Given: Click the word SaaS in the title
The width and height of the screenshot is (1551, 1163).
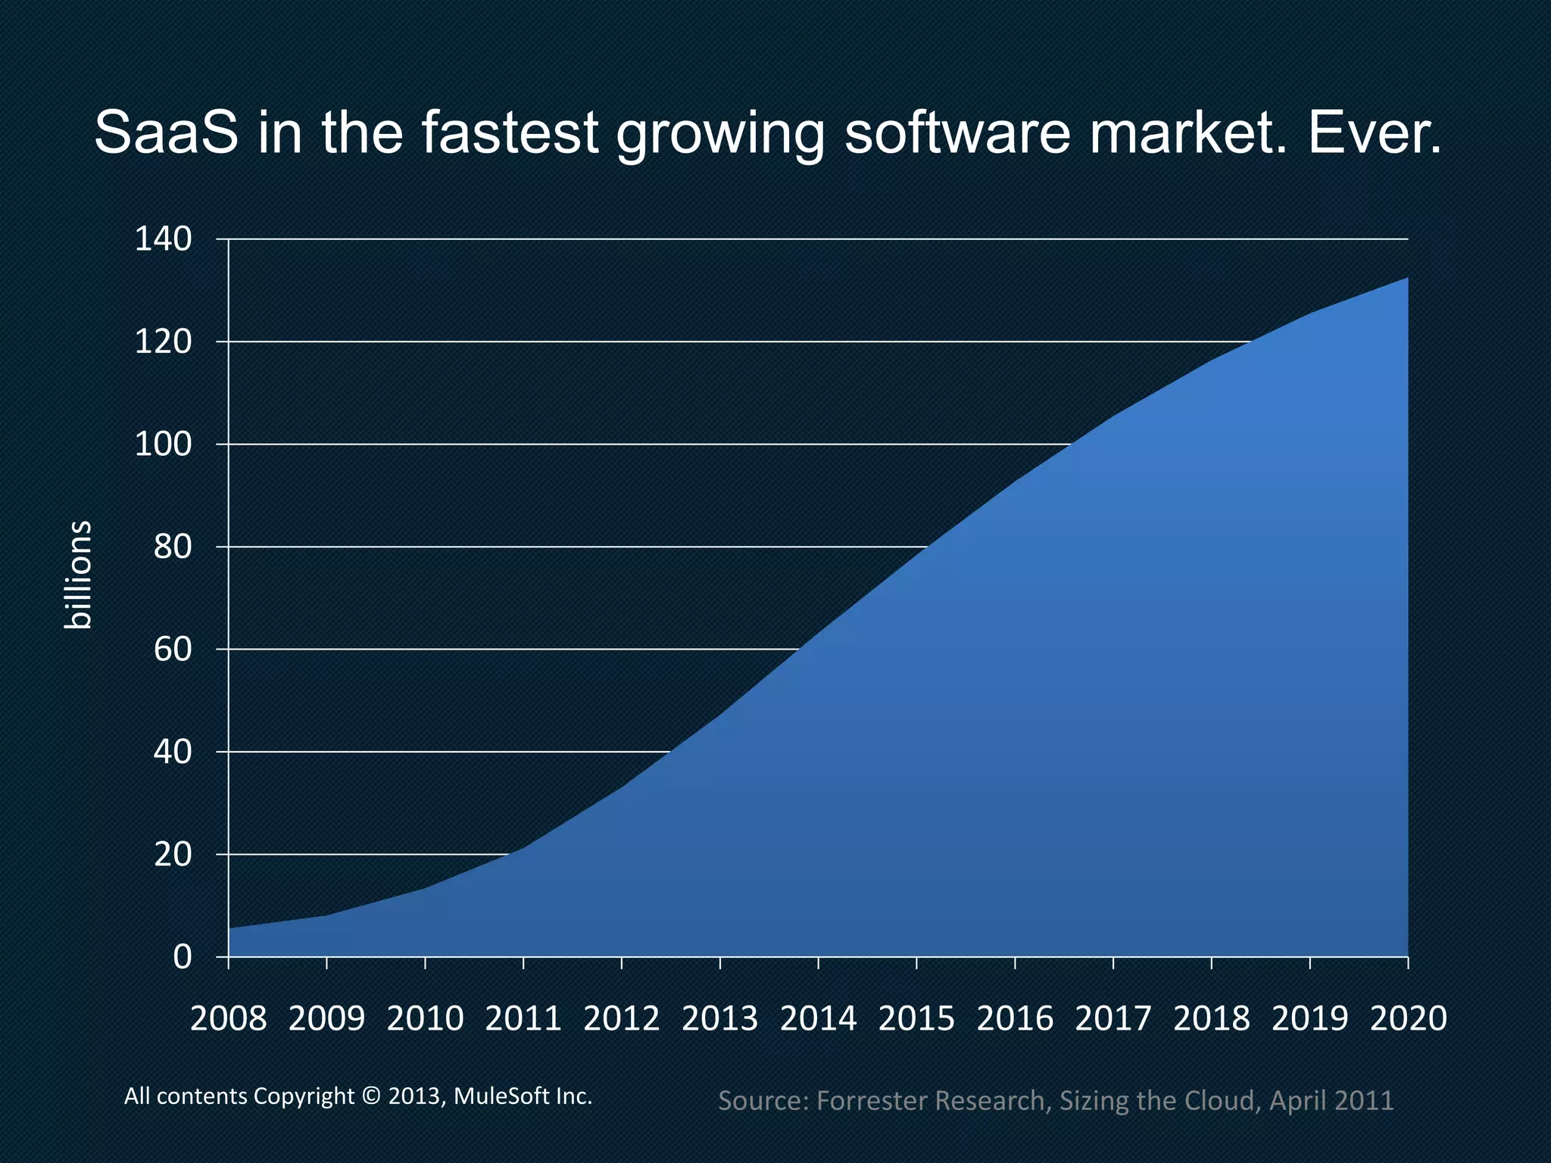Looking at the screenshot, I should pos(166,133).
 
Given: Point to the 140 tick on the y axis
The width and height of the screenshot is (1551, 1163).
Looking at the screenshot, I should pos(164,239).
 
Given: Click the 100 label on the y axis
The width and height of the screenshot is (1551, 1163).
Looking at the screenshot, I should pos(164,444).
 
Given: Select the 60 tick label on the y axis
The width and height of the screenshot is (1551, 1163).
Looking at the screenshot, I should pos(173,650).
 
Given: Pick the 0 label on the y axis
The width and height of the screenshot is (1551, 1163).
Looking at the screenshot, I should pos(183,958).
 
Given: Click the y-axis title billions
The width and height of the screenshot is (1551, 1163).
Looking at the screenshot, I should pos(77,575).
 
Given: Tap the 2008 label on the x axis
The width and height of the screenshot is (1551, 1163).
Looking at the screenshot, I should pos(228,1018).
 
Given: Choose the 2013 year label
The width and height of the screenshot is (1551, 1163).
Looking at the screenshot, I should pos(719,1018).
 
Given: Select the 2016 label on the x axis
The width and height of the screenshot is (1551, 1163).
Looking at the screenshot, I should pos(1015,1018).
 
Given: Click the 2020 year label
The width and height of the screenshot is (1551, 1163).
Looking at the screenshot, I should pos(1408,1018).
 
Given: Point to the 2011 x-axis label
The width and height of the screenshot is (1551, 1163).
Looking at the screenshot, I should pos(523,1018).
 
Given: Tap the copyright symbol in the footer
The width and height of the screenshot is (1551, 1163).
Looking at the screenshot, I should pos(371,1096).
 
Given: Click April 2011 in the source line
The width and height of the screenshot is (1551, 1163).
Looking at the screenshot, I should pos(1331,1100).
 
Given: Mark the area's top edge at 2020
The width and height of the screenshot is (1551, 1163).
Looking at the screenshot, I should pos(1407,278).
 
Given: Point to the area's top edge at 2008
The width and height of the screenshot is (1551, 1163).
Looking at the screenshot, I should pos(229,928).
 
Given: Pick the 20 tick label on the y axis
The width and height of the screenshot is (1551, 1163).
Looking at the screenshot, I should pos(173,855).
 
